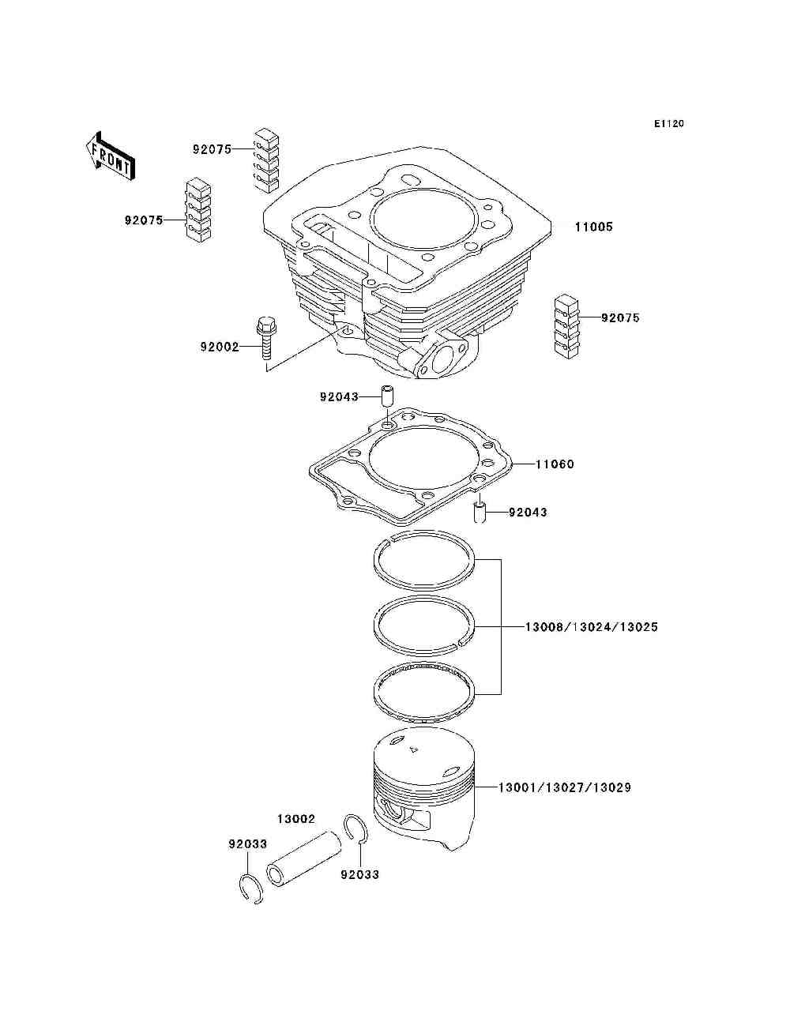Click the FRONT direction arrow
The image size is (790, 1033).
click(x=109, y=156)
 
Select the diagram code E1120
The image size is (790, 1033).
click(x=668, y=123)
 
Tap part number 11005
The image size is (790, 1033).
click(x=592, y=227)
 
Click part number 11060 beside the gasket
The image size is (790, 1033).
click(x=555, y=464)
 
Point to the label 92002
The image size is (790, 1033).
click(x=219, y=347)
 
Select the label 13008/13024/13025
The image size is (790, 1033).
click(x=591, y=627)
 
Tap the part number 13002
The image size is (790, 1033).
click(x=295, y=819)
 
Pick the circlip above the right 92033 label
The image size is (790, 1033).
click(x=355, y=830)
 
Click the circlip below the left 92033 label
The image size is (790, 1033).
click(x=251, y=888)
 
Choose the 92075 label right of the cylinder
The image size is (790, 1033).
click(x=620, y=318)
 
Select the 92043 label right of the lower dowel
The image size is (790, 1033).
click(x=528, y=513)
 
